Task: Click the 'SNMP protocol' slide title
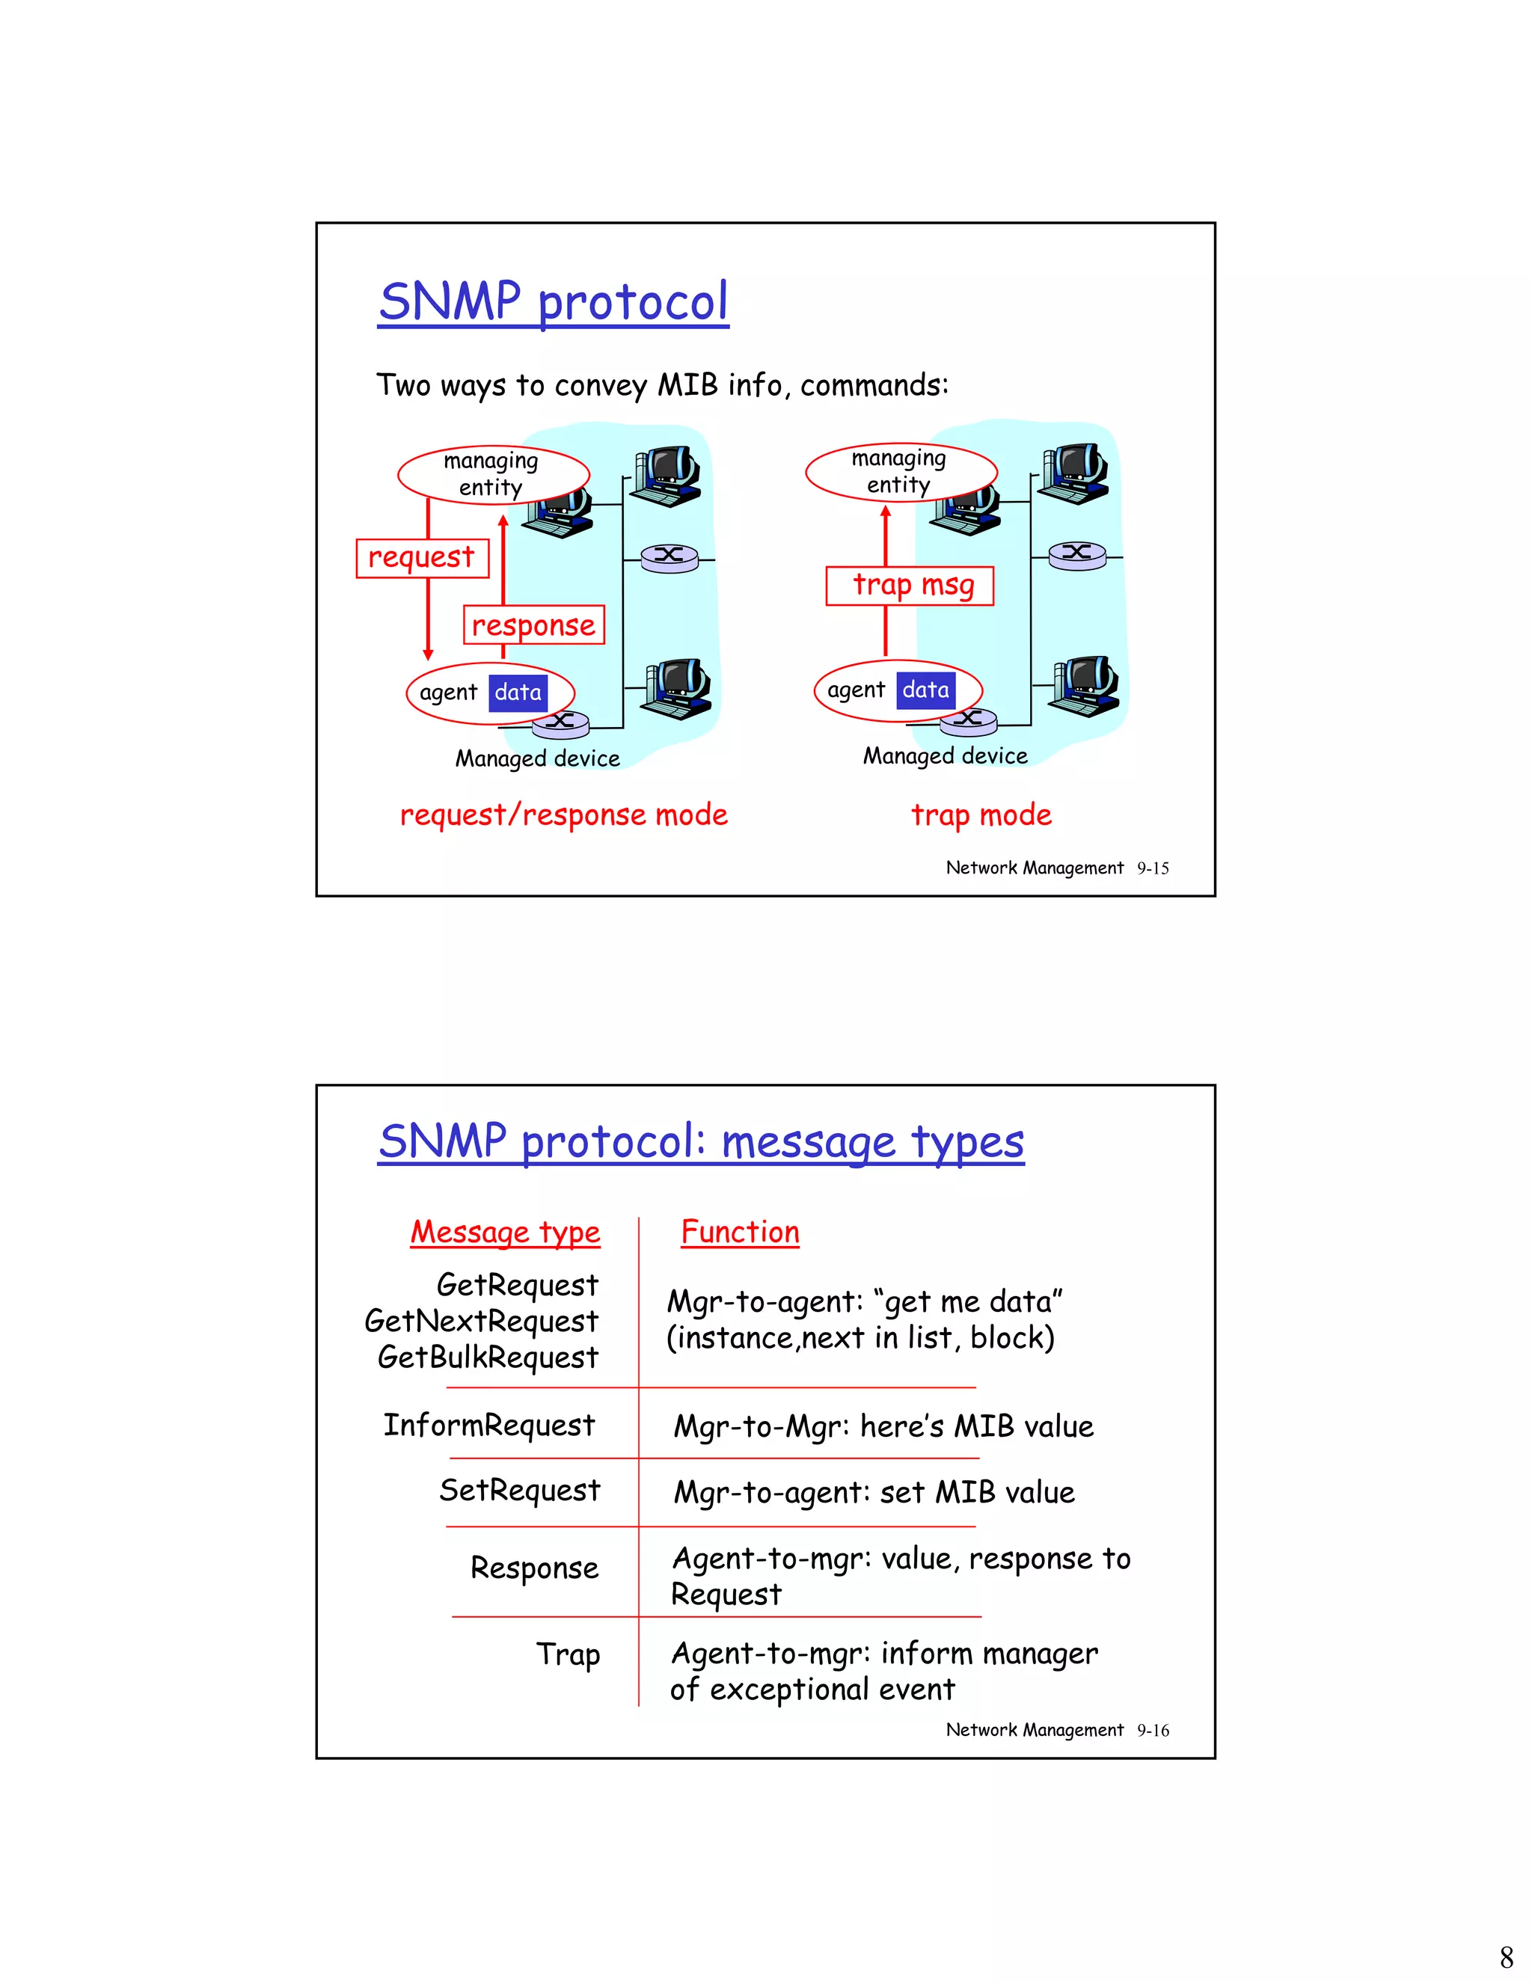coord(554,302)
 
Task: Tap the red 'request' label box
coord(422,557)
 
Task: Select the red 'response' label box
coord(533,625)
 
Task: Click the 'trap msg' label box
coord(910,586)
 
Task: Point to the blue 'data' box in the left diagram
coord(518,693)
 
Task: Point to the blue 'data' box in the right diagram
coord(926,690)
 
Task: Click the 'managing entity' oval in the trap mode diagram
coord(901,472)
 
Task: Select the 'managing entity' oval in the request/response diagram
coord(493,473)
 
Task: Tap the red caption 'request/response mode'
coord(563,815)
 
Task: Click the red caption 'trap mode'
coord(981,815)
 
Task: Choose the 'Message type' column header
coord(506,1233)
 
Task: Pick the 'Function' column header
coord(740,1233)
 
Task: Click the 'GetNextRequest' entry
coord(482,1322)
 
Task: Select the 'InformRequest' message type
coord(489,1426)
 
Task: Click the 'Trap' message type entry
coord(569,1654)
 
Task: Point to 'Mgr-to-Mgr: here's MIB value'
coord(883,1426)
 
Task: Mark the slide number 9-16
coord(1153,1731)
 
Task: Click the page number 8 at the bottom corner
coord(1507,1956)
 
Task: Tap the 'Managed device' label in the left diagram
coord(537,758)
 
